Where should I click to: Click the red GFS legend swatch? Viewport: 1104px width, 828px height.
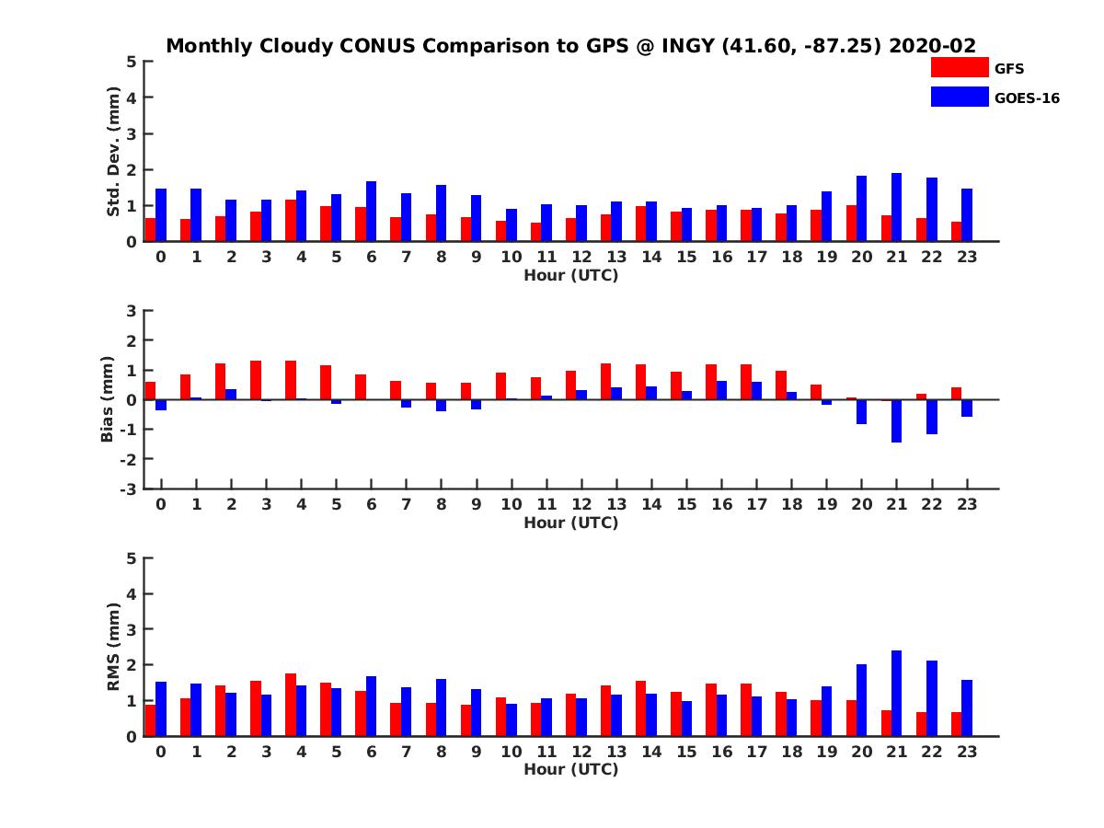tap(960, 67)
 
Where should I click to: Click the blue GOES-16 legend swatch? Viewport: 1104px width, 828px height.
tap(960, 97)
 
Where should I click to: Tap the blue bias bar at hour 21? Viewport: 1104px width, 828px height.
tap(896, 420)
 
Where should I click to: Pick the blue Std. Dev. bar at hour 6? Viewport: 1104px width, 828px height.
tap(371, 211)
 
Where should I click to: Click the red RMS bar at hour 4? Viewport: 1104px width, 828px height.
tap(291, 705)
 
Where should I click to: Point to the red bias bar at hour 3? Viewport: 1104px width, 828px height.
tap(256, 380)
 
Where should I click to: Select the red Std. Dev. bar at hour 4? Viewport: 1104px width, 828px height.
tap(291, 220)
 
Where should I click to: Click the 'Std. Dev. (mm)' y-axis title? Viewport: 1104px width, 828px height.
tap(113, 152)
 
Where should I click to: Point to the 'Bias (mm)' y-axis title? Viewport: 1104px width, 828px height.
tap(107, 399)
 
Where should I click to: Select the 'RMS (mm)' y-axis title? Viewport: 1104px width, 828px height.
tap(113, 647)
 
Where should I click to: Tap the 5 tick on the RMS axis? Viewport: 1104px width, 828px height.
tap(132, 558)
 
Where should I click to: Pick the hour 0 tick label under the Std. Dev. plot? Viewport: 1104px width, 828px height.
tap(161, 257)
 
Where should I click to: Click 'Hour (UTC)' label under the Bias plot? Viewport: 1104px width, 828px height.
tap(570, 523)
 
